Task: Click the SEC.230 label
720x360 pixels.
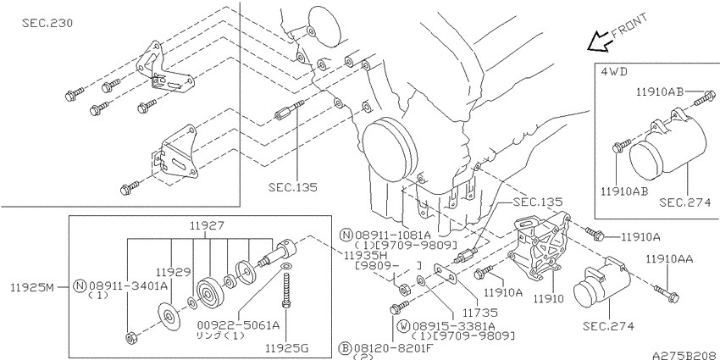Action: pos(47,23)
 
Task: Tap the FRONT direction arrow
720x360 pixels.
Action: pos(599,42)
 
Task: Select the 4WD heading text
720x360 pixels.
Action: pos(614,71)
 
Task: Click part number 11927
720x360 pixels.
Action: pos(206,225)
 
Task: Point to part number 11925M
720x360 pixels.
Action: pos(32,288)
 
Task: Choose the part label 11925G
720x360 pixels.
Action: pos(286,347)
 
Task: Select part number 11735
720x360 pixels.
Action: pos(479,313)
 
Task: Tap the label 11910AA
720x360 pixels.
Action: pos(669,259)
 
